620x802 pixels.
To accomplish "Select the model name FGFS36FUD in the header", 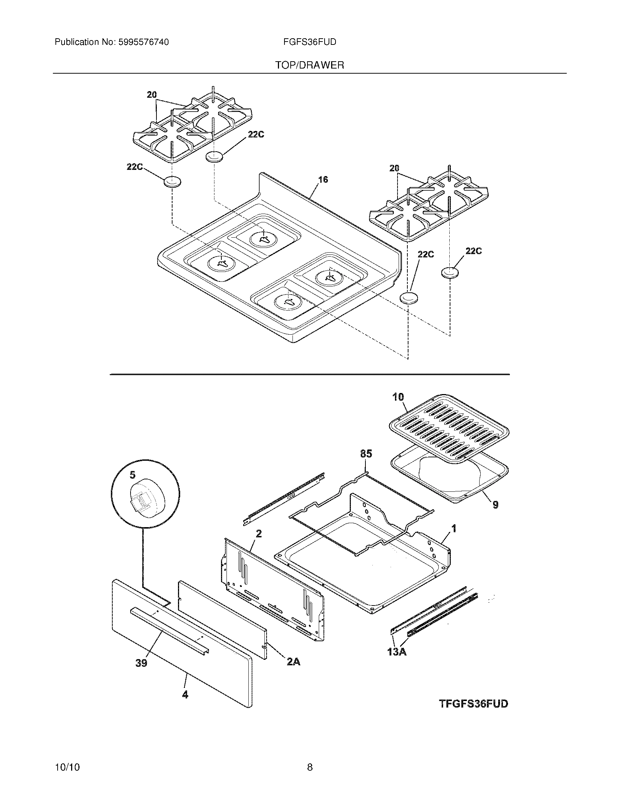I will point(310,42).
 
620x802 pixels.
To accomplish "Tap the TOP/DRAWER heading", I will point(310,65).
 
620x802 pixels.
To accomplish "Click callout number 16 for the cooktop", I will point(323,180).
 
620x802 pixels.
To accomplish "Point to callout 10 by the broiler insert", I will point(398,397).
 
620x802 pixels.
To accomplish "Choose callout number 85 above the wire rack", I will point(366,454).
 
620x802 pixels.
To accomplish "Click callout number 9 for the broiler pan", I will point(495,505).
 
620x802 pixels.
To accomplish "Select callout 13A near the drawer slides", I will point(397,652).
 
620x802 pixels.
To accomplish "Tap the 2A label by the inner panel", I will point(293,662).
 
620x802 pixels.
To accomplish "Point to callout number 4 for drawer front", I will point(185,694).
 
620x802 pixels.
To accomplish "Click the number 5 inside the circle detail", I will point(132,475).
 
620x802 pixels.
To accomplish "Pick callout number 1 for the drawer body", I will point(454,529).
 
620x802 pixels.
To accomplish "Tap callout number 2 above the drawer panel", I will point(259,534).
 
